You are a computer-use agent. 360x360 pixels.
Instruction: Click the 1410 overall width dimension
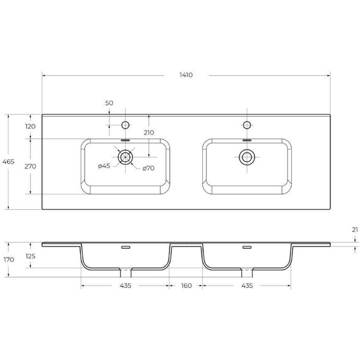click(x=185, y=75)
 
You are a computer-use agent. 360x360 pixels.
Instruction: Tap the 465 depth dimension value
click(x=9, y=162)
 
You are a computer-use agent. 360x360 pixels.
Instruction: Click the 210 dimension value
click(x=149, y=133)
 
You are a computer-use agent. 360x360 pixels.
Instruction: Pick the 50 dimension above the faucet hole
click(x=109, y=102)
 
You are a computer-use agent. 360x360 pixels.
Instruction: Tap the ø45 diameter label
click(x=104, y=166)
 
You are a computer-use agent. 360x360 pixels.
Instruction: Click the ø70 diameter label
click(x=149, y=167)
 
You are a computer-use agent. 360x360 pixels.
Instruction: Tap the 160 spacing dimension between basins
click(x=186, y=286)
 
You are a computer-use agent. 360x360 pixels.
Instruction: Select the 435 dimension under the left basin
click(x=125, y=286)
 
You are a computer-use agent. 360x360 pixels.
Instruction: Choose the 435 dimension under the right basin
click(x=246, y=286)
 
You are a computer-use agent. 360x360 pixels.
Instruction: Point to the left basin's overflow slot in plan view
click(x=125, y=140)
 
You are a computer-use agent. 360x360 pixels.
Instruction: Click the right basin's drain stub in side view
click(x=246, y=273)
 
